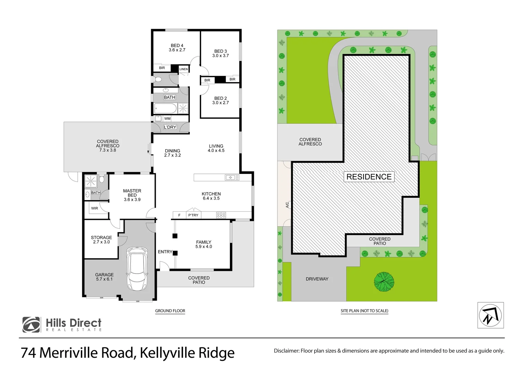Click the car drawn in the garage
pyautogui.click(x=137, y=268)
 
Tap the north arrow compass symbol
pyautogui.click(x=490, y=315)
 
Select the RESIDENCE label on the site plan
pyautogui.click(x=369, y=177)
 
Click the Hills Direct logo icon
pyautogui.click(x=31, y=325)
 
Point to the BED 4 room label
pyautogui.click(x=177, y=48)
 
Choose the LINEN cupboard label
pyautogui.click(x=183, y=69)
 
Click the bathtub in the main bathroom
pyautogui.click(x=165, y=108)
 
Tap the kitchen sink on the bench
pyautogui.click(x=232, y=178)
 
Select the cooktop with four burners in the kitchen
pyautogui.click(x=221, y=215)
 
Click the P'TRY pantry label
pyautogui.click(x=193, y=215)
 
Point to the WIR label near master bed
pyautogui.click(x=95, y=208)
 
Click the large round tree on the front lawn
pyautogui.click(x=384, y=282)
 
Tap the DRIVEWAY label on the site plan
pyautogui.click(x=317, y=279)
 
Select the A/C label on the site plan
pyautogui.click(x=287, y=205)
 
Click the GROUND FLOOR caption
pyautogui.click(x=170, y=311)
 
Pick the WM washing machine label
pyautogui.click(x=168, y=119)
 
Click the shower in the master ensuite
pyautogui.click(x=91, y=181)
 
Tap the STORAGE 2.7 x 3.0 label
pyautogui.click(x=101, y=240)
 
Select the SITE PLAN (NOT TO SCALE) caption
pyautogui.click(x=364, y=311)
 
